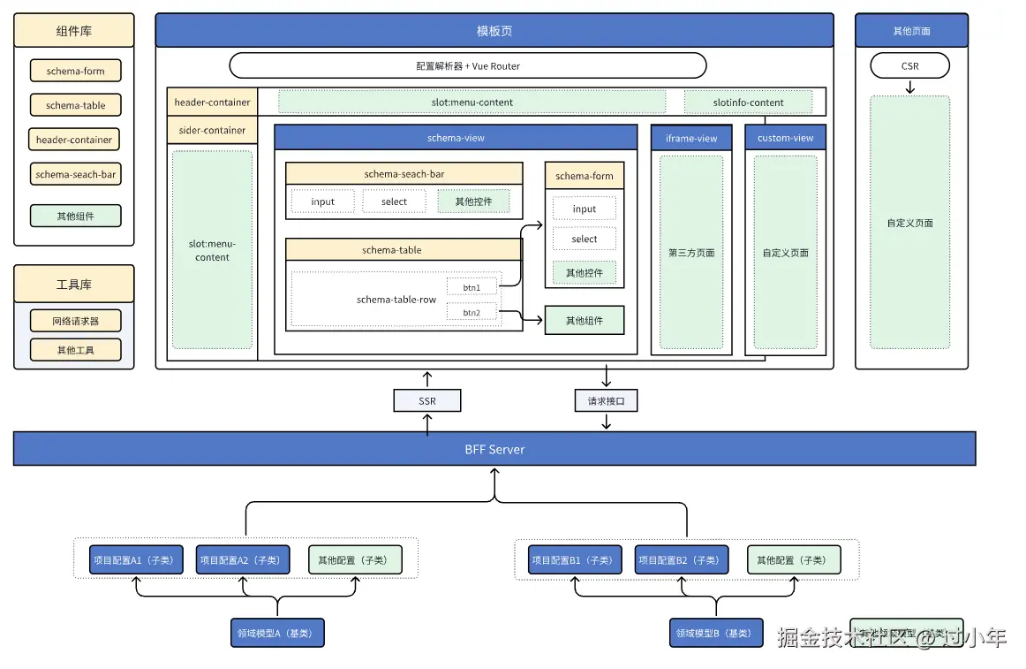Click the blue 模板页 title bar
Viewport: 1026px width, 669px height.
pos(494,30)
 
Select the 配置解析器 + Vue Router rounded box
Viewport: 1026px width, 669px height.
pos(468,65)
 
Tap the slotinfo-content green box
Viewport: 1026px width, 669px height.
pos(748,103)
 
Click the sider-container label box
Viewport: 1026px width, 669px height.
pos(212,131)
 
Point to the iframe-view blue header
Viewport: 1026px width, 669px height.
pos(691,138)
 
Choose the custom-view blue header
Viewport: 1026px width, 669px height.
pos(785,138)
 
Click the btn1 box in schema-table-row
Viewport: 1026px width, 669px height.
pos(472,287)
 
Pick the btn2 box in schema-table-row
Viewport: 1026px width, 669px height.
pos(472,312)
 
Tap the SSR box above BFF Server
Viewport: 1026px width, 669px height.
pos(427,401)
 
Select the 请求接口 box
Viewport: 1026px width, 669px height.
pos(606,401)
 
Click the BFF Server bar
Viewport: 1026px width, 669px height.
pos(494,449)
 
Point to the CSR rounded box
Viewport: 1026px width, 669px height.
pos(909,65)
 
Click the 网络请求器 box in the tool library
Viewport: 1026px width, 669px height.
pos(75,322)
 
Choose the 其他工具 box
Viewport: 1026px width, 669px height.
pos(75,350)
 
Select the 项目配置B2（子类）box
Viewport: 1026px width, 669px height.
pos(682,559)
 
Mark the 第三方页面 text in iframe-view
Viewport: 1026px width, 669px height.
pos(691,253)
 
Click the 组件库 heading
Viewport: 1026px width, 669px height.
pos(74,31)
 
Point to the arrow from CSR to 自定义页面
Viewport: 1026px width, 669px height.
pos(909,87)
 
